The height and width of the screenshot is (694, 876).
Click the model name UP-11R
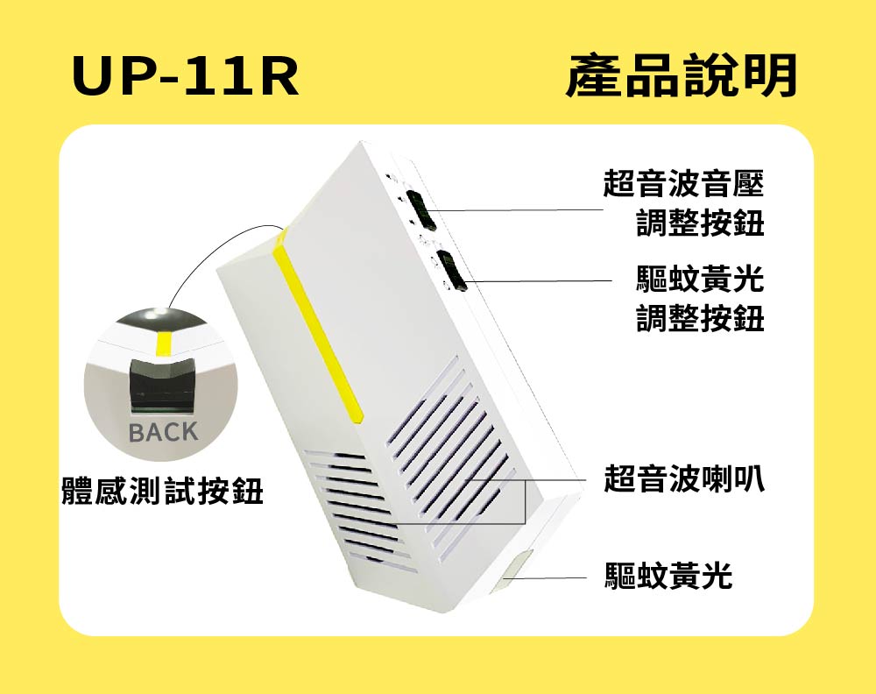click(186, 78)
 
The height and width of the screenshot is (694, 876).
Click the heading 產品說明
click(682, 76)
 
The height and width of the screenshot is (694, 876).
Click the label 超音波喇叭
click(683, 479)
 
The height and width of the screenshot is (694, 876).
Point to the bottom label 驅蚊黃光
click(668, 576)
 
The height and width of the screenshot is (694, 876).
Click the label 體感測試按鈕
click(162, 492)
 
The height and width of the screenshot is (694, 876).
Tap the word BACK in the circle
click(164, 432)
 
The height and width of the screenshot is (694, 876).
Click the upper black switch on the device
click(423, 209)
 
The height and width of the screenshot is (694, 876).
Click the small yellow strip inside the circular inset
click(164, 343)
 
